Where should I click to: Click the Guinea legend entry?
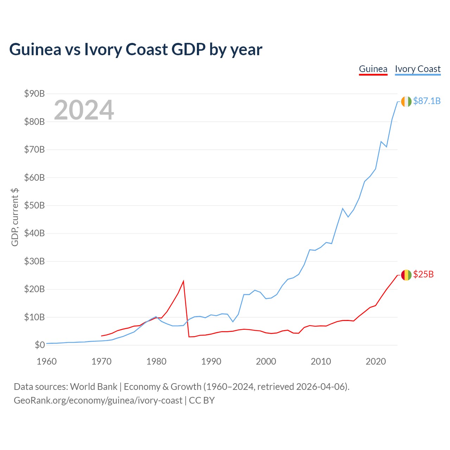click(373, 69)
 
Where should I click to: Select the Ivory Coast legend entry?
click(418, 69)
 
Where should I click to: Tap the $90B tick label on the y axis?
click(34, 94)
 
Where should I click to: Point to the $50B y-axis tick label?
click(34, 206)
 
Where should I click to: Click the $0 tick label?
click(40, 345)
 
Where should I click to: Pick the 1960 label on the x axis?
click(46, 361)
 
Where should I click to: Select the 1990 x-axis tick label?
click(211, 361)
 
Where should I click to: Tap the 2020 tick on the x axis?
click(375, 361)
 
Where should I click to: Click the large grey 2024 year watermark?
click(84, 110)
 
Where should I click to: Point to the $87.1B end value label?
click(427, 101)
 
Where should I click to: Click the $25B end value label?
click(423, 274)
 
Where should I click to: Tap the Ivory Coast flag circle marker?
click(406, 102)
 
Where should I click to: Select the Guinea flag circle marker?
click(406, 275)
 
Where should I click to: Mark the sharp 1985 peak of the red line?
click(184, 281)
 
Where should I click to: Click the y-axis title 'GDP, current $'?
click(15, 217)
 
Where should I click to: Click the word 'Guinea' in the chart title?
click(35, 50)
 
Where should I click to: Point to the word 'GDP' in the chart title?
click(188, 50)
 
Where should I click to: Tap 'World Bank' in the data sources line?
click(94, 387)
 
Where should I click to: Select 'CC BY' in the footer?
click(202, 400)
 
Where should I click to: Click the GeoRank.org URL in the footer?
click(98, 400)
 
